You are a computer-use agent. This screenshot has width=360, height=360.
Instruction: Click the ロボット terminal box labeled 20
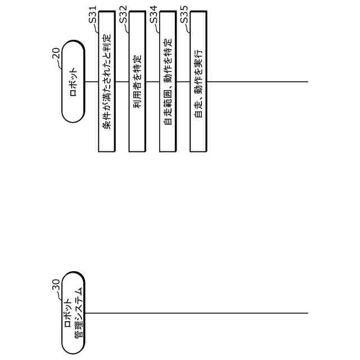tap(73, 82)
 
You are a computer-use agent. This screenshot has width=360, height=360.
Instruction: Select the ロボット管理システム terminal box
tap(73, 313)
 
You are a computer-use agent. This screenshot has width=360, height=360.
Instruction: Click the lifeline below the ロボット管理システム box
tap(197, 313)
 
